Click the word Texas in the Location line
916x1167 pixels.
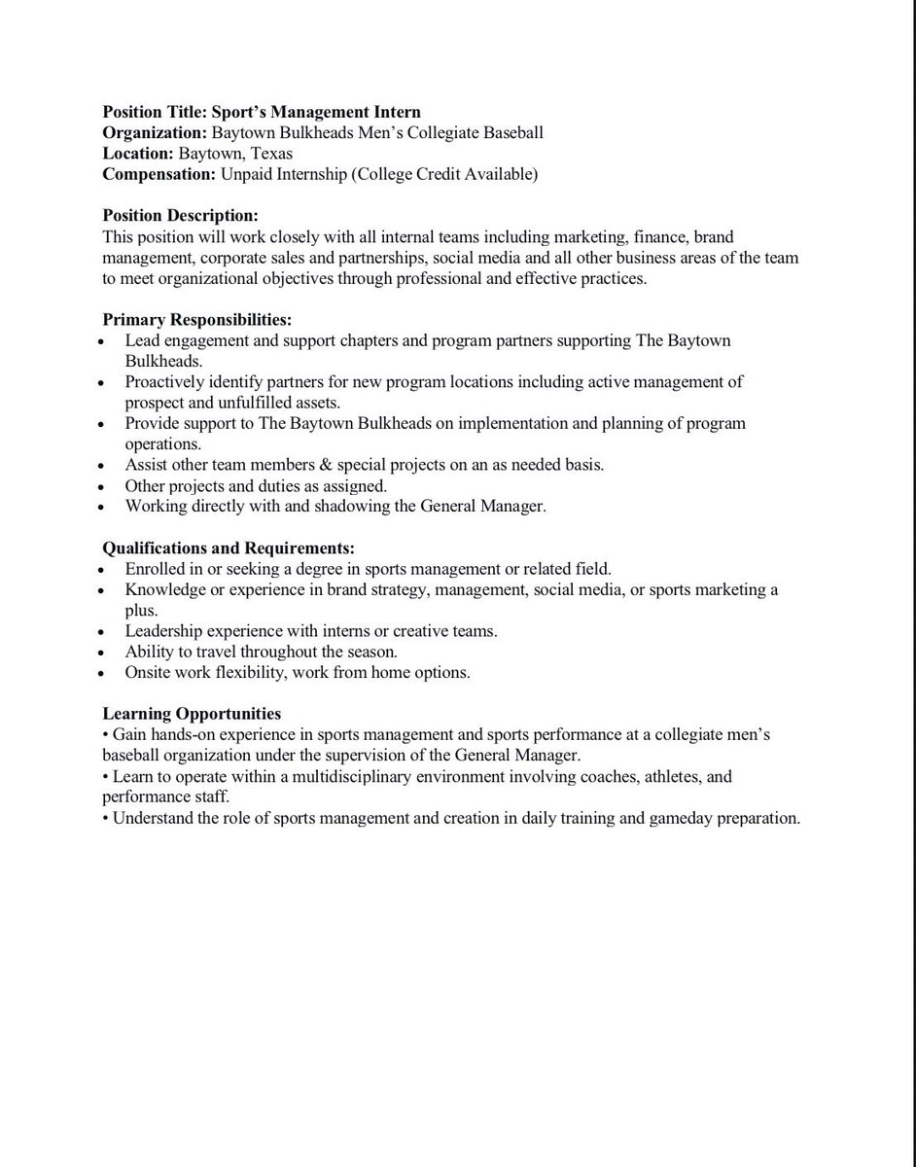(x=269, y=154)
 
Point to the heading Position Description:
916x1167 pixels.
(x=181, y=215)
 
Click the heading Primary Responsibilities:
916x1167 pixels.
(x=197, y=319)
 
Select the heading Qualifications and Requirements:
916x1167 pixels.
(x=229, y=548)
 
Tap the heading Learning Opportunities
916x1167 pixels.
(x=193, y=714)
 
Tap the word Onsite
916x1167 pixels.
(x=148, y=673)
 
